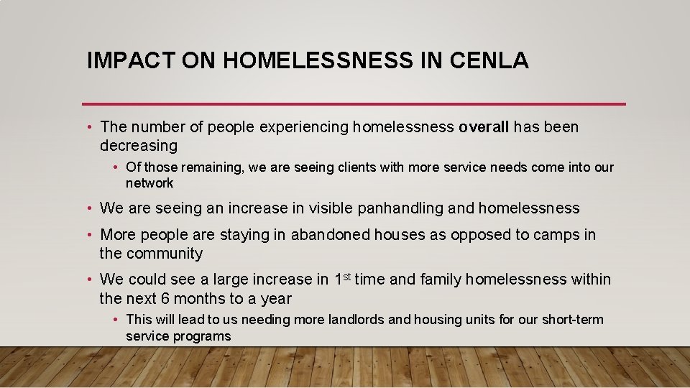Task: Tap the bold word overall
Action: (x=484, y=127)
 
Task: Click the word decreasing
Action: (x=139, y=146)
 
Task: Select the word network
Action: (x=149, y=183)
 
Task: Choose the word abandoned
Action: (x=331, y=235)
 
